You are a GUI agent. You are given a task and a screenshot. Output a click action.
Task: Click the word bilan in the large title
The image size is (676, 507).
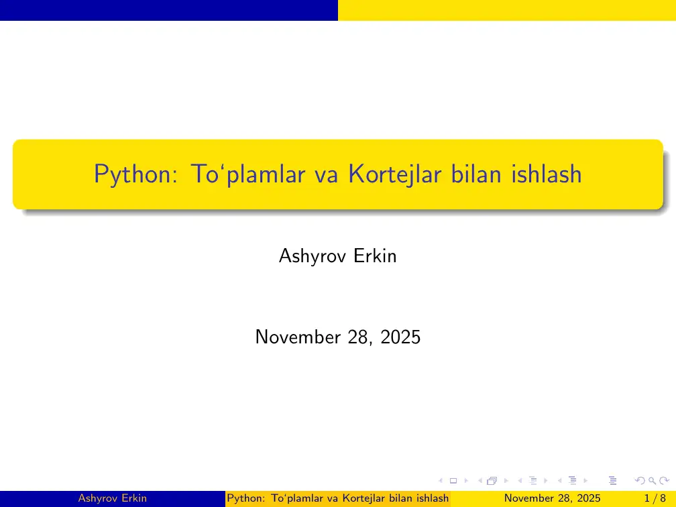click(474, 174)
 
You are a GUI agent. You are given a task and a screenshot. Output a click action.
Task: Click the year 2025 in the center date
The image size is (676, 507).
click(400, 337)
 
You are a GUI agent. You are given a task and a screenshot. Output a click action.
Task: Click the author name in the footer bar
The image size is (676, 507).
click(113, 498)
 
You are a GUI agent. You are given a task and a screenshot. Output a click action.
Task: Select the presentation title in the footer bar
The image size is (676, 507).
click(338, 498)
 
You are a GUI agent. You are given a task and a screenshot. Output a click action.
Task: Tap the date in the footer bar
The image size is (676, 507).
click(552, 498)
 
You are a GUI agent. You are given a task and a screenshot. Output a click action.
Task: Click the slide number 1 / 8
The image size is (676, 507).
click(655, 498)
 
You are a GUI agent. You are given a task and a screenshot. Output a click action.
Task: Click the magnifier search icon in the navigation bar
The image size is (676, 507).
click(651, 480)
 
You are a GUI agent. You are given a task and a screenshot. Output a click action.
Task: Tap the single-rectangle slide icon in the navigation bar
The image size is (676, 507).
click(453, 480)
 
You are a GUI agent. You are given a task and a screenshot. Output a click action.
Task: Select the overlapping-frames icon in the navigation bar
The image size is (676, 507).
click(492, 480)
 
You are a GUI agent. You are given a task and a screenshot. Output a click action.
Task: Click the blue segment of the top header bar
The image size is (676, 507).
click(168, 10)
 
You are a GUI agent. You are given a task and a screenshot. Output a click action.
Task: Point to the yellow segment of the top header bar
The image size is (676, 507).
click(506, 10)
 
